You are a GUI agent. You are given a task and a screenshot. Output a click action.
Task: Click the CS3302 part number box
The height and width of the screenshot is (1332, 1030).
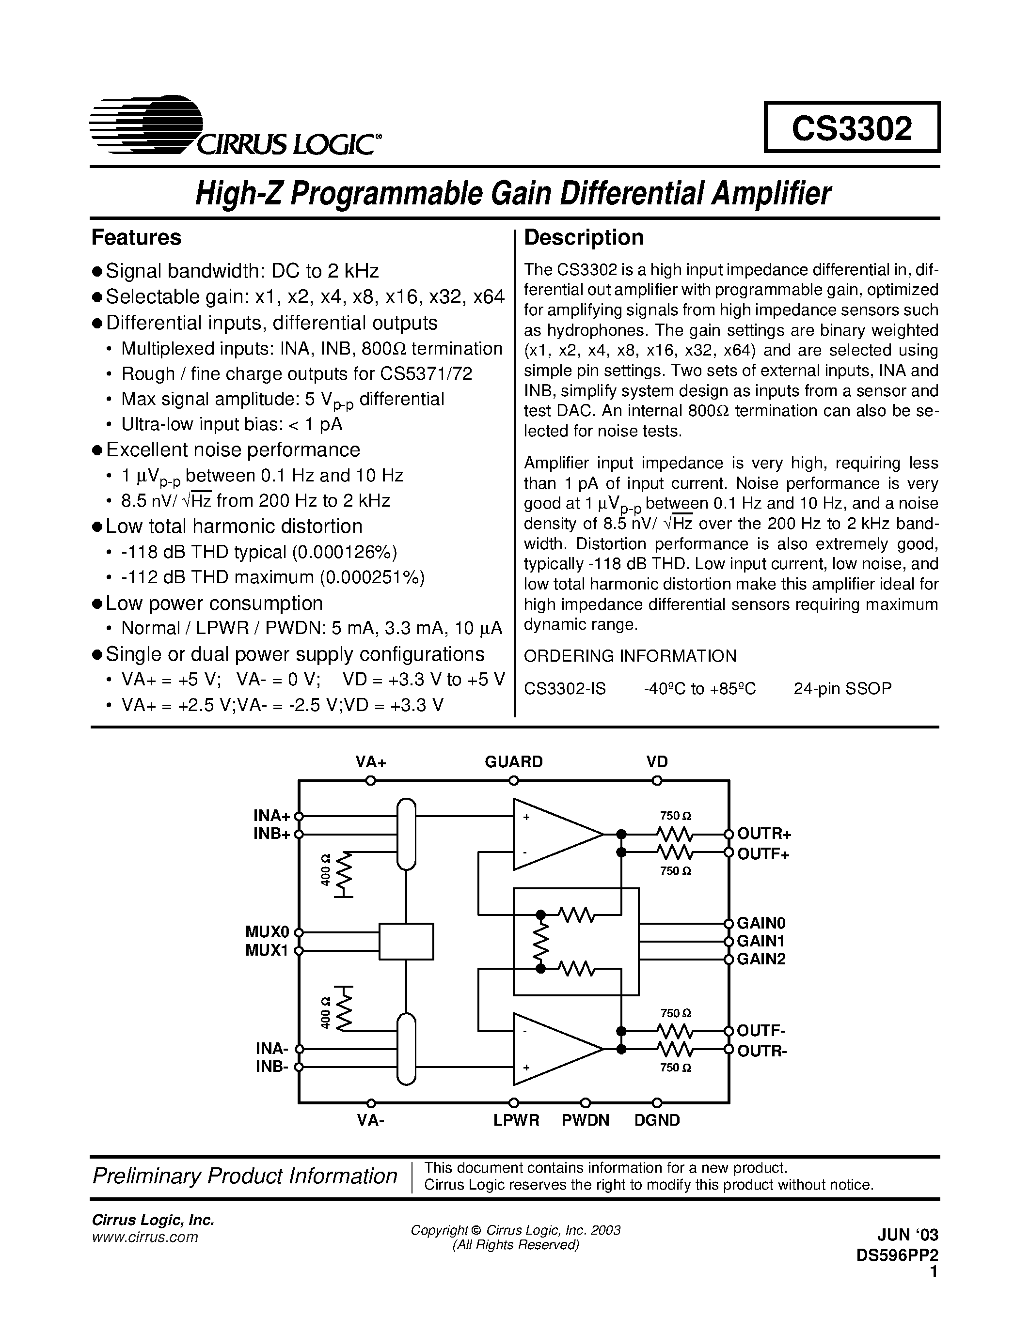click(x=851, y=127)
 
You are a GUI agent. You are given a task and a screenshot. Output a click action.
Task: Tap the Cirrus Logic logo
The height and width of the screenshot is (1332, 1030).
click(x=235, y=127)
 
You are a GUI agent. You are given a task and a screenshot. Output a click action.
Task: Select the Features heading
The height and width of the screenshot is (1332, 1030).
click(x=136, y=237)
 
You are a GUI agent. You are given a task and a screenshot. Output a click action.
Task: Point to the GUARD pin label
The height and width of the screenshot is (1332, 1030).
click(x=513, y=762)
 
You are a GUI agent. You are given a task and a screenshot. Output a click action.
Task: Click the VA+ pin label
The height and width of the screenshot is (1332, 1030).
click(x=371, y=762)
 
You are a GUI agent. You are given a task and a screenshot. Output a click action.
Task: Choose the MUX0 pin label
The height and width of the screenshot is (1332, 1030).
click(x=266, y=932)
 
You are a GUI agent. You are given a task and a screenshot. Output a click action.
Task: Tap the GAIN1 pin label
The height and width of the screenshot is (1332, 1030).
click(x=761, y=941)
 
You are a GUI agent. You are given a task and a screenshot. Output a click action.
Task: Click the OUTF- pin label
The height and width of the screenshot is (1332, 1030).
click(x=761, y=1031)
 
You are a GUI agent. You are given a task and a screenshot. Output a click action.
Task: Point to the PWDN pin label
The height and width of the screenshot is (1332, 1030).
click(x=585, y=1120)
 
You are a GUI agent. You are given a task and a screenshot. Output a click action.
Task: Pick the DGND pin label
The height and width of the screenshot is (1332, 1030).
click(x=657, y=1120)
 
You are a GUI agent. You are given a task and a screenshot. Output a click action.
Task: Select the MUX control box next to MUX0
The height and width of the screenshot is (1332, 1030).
click(x=406, y=941)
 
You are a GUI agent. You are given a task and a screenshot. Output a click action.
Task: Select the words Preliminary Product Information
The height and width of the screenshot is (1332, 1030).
click(x=244, y=1176)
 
